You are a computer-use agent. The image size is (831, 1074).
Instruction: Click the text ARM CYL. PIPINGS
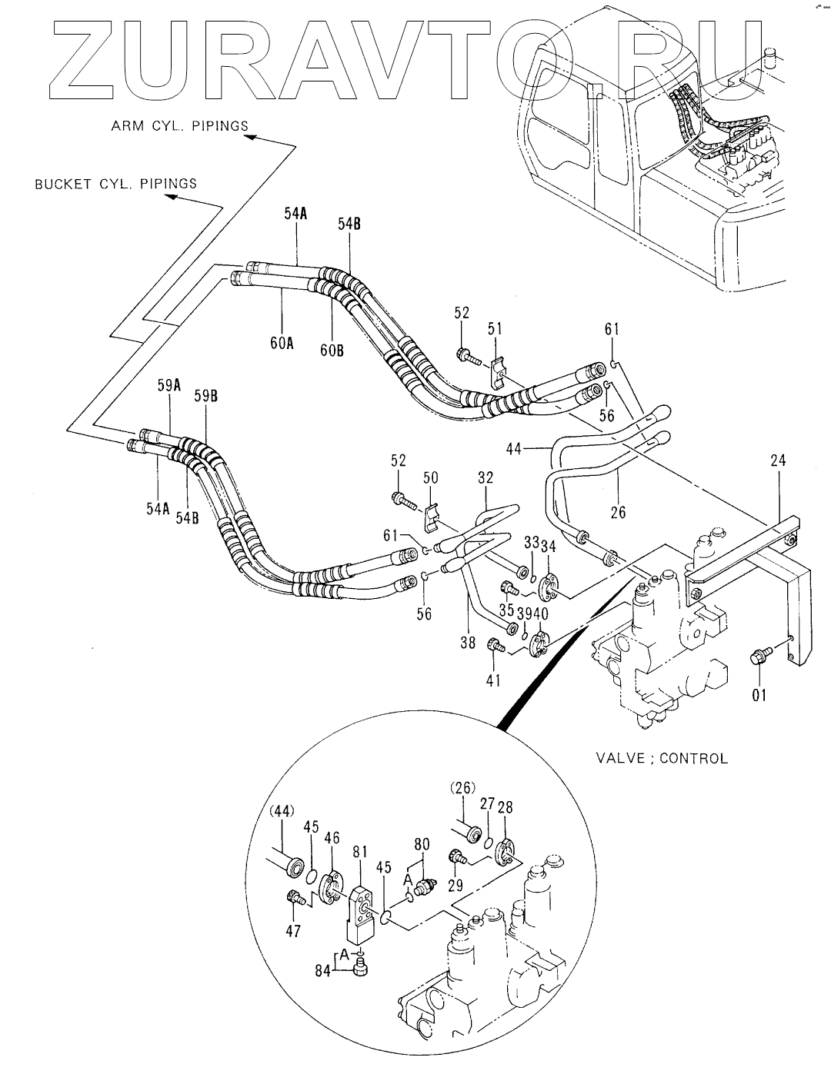click(179, 126)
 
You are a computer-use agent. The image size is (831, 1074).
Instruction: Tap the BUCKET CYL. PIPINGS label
click(115, 184)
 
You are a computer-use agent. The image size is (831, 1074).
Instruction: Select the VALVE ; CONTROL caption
click(662, 758)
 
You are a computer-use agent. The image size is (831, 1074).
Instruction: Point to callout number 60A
click(282, 343)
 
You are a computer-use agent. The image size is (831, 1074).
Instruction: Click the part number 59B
click(205, 397)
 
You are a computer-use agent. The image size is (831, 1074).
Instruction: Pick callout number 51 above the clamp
click(495, 329)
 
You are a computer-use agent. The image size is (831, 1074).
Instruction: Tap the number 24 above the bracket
click(778, 461)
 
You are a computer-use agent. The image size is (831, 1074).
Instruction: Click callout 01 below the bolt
click(759, 696)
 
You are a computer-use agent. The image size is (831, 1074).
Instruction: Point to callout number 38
click(468, 642)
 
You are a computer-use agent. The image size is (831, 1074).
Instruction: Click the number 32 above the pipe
click(486, 478)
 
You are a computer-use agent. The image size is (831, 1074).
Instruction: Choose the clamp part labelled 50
click(432, 517)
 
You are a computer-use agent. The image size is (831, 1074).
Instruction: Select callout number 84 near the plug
click(323, 971)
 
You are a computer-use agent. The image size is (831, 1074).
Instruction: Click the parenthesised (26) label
click(462, 787)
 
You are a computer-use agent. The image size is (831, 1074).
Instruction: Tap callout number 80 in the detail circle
click(422, 844)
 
